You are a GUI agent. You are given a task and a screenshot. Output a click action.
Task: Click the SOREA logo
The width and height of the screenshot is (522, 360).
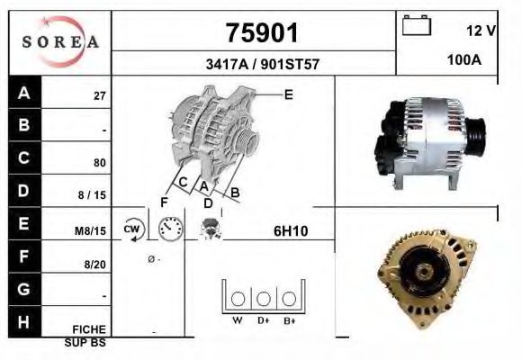click(60, 42)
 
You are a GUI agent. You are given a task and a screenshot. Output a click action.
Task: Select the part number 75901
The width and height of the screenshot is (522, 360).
click(260, 33)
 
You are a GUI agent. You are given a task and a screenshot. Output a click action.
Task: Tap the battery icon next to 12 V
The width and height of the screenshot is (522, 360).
click(417, 26)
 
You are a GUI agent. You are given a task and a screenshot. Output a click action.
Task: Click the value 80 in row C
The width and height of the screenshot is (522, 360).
click(100, 164)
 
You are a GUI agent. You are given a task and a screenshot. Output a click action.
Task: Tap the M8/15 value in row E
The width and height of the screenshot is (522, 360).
click(91, 231)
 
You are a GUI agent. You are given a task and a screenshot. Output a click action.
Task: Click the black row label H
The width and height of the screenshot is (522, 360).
click(23, 321)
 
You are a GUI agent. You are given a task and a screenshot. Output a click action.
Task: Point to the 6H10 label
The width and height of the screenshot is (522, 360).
click(291, 231)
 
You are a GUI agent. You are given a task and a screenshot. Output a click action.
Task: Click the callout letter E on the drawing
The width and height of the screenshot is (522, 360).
click(288, 94)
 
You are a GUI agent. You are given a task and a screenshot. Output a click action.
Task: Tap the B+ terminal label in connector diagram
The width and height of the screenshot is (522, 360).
click(289, 319)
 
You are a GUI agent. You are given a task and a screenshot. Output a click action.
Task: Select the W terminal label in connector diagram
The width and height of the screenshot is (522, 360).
click(238, 319)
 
